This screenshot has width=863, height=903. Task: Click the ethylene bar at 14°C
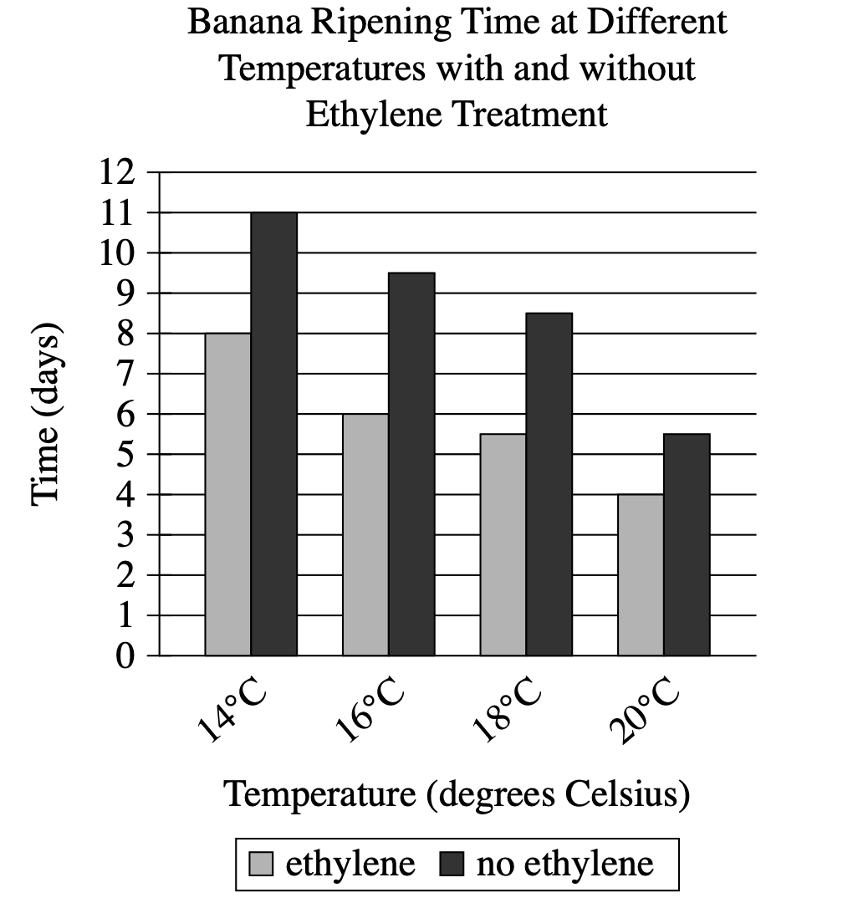click(x=227, y=493)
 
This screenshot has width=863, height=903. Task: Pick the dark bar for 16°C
click(x=411, y=463)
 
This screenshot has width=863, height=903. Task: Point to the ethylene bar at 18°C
click(x=503, y=543)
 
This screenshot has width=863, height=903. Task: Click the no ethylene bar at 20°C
click(x=687, y=543)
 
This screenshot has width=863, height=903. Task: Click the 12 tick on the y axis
click(x=117, y=173)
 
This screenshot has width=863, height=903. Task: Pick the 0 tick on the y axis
click(x=125, y=656)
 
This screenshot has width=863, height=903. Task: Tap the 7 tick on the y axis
click(x=125, y=374)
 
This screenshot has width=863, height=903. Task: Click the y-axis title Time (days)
click(x=47, y=414)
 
